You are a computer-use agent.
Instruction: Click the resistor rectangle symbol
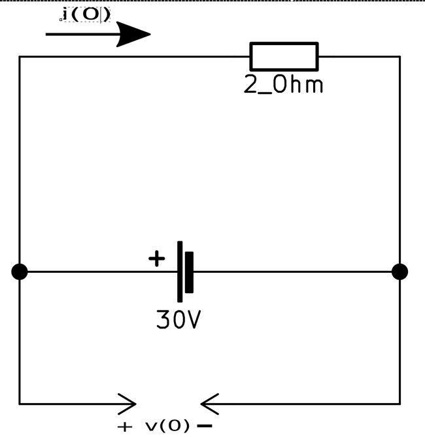point(284,56)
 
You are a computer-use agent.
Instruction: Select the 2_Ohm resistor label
point(284,86)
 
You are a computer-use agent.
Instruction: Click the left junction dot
point(20,271)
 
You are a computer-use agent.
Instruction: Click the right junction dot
point(399,271)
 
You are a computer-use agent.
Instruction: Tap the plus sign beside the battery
point(156,259)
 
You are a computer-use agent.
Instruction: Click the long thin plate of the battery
point(180,271)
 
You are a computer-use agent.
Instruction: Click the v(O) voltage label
point(167,427)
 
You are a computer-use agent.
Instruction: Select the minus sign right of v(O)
point(204,427)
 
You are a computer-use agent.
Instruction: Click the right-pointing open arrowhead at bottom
point(128,404)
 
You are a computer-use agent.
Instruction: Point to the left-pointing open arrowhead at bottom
point(209,404)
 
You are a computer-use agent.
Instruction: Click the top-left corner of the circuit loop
point(20,57)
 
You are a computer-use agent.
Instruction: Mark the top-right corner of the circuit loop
point(399,57)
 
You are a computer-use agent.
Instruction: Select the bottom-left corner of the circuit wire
point(20,403)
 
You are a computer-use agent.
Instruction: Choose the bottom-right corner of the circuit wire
point(399,403)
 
